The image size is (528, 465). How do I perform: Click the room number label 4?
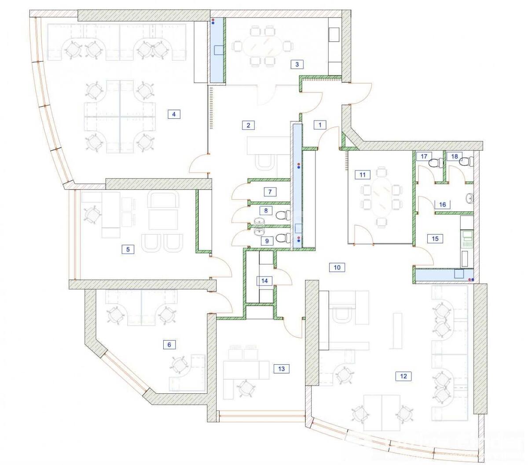pos(174,114)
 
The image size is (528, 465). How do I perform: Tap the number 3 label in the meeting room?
pos(297,64)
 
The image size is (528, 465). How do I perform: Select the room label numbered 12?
pos(403,376)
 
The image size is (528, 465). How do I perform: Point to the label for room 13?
pos(282,369)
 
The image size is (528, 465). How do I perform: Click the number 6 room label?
pos(169,344)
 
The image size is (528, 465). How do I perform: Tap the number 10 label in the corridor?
pos(337,267)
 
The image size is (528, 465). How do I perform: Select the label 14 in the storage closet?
pos(264,281)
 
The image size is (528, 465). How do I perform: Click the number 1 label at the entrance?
pos(320,125)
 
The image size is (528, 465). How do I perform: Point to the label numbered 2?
pos(248,125)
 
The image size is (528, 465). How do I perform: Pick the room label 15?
pos(435,239)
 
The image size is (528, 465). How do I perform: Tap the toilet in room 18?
pos(464,162)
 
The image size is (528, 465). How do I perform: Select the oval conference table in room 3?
pos(262,45)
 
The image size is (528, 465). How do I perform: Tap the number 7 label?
pos(270,192)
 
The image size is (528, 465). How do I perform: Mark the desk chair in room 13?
pos(246,388)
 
